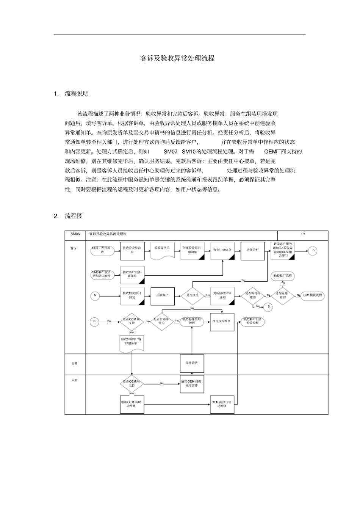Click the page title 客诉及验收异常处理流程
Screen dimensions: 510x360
point(177,58)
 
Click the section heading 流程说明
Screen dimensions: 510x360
point(77,94)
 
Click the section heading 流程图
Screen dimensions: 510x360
point(74,216)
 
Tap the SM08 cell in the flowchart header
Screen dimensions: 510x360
point(75,234)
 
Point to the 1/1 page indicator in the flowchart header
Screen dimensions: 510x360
point(303,234)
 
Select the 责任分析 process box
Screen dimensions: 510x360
point(252,250)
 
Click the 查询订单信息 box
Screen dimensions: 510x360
point(222,250)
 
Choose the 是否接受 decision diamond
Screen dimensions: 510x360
point(193,295)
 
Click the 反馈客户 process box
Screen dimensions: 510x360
point(163,295)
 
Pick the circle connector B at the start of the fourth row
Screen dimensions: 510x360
point(94,322)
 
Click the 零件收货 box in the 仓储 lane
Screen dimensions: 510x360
point(192,363)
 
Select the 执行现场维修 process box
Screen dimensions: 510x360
point(222,322)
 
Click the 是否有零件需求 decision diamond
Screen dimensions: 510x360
point(162,321)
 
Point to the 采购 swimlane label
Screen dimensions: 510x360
point(75,380)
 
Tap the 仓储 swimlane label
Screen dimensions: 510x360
point(75,363)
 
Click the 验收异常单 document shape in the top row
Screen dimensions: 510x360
point(162,250)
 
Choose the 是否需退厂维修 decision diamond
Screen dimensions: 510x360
point(283,295)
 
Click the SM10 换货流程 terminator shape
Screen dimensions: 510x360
point(313,295)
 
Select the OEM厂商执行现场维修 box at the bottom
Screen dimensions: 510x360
point(222,404)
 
